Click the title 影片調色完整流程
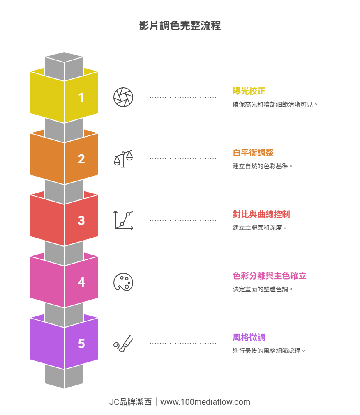pos(180,25)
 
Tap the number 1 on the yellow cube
pos(81,98)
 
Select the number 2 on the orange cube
pos(81,159)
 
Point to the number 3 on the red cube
pos(81,221)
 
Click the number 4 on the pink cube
pos(81,282)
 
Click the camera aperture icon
pos(123,97)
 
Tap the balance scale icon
pos(123,159)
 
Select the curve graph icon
pos(123,220)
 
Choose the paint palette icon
pos(123,282)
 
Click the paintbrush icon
pos(123,344)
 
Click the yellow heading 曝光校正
pos(249,91)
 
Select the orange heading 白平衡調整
pos(253,153)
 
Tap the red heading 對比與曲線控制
pos(261,214)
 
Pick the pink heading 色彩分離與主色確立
pos(270,276)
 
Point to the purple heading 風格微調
pos(249,337)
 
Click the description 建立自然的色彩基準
pos(263,166)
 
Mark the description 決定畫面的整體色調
pos(263,289)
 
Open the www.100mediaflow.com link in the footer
pos(205,402)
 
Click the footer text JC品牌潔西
pos(130,402)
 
